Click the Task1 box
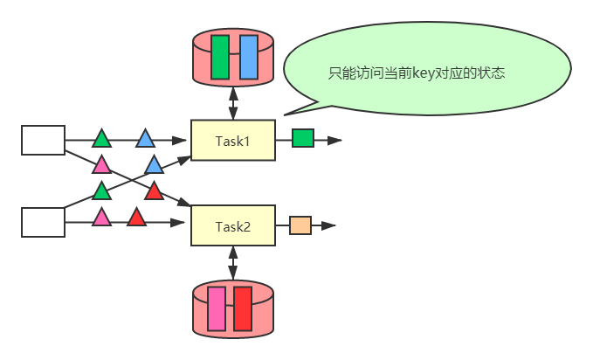coord(232,140)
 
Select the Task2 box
coord(232,226)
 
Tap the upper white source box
coord(43,140)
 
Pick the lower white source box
coord(43,222)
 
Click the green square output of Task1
coord(302,138)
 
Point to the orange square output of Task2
coord(300,225)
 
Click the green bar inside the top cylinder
coord(219,57)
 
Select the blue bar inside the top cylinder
coord(248,57)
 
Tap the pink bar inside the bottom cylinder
coord(216,308)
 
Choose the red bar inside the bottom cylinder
coord(242,308)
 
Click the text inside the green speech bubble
coord(417,73)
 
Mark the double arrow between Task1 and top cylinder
coord(232,101)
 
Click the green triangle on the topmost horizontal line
coord(102,139)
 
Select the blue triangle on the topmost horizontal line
coord(145,139)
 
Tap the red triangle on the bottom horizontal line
coord(136,218)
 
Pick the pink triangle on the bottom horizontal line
coord(102,218)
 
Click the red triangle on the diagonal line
coord(154,191)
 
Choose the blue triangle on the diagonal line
coord(154,165)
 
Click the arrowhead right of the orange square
coord(328,225)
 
